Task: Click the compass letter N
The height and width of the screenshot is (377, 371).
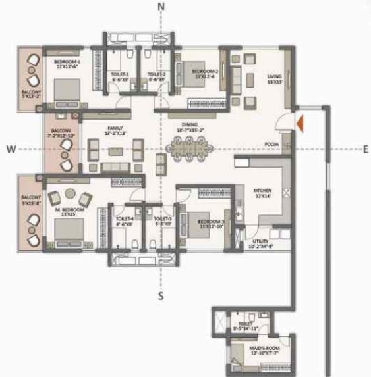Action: point(161,7)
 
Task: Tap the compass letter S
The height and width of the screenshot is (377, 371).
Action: point(160,296)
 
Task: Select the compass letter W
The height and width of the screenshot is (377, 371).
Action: point(11,149)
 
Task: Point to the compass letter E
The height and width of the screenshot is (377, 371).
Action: point(365,149)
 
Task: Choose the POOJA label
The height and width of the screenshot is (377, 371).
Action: point(270,143)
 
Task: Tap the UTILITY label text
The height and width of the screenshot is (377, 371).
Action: point(251,243)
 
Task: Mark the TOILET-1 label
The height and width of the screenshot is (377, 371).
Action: point(119,76)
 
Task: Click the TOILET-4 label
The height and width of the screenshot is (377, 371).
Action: point(125,219)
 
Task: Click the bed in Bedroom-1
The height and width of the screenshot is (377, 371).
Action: point(66,92)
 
